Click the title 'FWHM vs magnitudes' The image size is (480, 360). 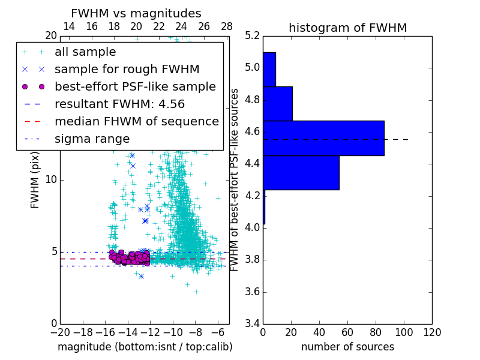(136, 13)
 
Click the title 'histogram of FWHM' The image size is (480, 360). (347, 28)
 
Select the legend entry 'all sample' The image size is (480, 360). (85, 52)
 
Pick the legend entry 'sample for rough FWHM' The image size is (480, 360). (127, 70)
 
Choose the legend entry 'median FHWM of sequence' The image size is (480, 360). (136, 121)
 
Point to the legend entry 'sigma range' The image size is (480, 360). (92, 139)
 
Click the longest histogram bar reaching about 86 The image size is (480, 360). (323, 138)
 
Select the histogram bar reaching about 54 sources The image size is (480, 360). (301, 172)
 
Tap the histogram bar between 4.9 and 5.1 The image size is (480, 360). (269, 69)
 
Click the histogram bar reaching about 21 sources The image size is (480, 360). (277, 103)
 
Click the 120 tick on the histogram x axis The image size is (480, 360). (431, 332)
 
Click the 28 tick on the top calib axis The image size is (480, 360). (227, 26)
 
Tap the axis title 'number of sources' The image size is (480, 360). (347, 347)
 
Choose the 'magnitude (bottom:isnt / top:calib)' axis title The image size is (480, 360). (145, 347)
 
